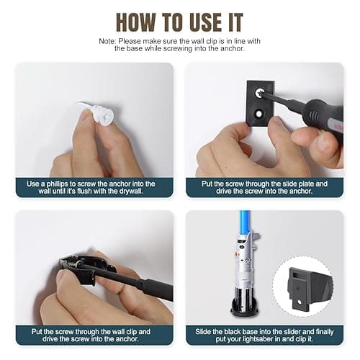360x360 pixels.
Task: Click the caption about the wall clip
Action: [x=94, y=336]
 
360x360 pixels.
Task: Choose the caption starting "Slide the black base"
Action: [x=264, y=336]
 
